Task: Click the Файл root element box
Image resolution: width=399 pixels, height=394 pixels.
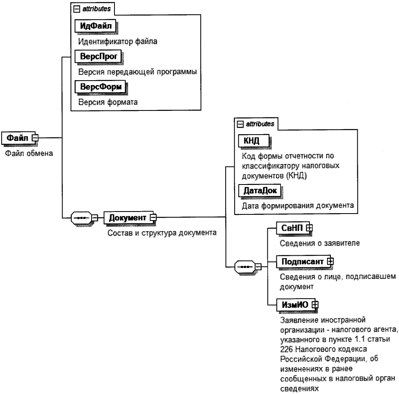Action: coord(17,138)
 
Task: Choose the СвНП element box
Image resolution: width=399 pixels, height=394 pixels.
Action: coord(290,229)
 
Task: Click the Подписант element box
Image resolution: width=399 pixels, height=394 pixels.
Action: coord(301,261)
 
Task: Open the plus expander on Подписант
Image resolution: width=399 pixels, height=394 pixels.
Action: coord(330,261)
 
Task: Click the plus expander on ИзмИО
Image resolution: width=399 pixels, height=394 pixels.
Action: coord(315,304)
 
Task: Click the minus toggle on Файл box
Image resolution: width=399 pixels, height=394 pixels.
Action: coord(35,138)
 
